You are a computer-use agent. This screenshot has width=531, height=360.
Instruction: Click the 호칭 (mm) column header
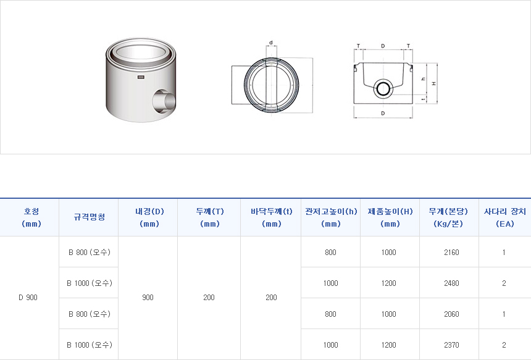click(x=31, y=217)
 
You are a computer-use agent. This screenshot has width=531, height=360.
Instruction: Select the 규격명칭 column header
click(x=90, y=217)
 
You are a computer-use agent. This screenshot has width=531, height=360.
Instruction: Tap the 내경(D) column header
click(x=149, y=217)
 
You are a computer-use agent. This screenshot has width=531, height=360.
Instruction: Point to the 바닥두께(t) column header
click(x=271, y=217)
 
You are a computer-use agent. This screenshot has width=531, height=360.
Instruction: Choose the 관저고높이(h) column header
click(x=331, y=217)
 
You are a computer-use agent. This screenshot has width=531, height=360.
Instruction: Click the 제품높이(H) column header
click(x=390, y=217)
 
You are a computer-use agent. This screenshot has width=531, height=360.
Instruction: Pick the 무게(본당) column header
click(x=448, y=217)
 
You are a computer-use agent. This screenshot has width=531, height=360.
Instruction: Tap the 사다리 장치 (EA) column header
click(x=504, y=217)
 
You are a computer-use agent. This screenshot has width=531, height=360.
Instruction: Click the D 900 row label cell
click(x=28, y=298)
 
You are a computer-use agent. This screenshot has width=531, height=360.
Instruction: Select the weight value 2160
click(x=451, y=253)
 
